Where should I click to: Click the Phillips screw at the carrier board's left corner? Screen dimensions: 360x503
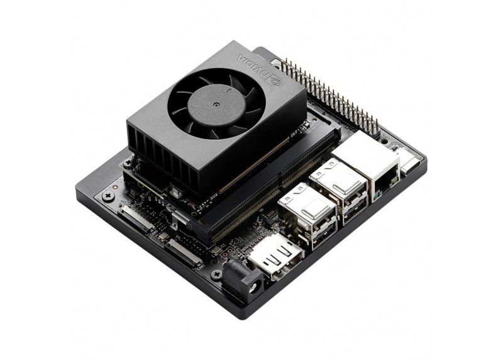click(x=105, y=196)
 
